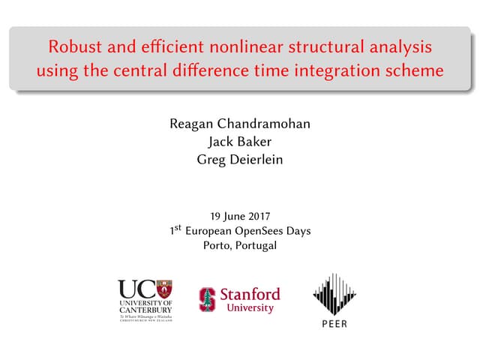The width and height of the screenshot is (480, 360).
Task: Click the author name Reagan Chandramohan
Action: point(240,123)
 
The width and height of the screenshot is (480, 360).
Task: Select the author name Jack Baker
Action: point(240,140)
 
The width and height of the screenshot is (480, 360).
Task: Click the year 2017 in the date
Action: point(256,216)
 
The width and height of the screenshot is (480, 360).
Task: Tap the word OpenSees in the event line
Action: point(256,231)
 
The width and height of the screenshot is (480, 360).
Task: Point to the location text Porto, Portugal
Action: point(240,245)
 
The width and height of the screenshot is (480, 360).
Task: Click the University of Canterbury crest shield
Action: point(163,289)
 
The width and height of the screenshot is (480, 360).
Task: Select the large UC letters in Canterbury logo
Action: point(135,289)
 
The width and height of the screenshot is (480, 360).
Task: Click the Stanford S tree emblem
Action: point(207,299)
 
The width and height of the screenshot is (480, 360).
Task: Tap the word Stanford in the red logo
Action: point(250,293)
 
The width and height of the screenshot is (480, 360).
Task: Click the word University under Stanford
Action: point(250,308)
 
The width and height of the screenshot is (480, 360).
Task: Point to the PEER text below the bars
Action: point(334,324)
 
